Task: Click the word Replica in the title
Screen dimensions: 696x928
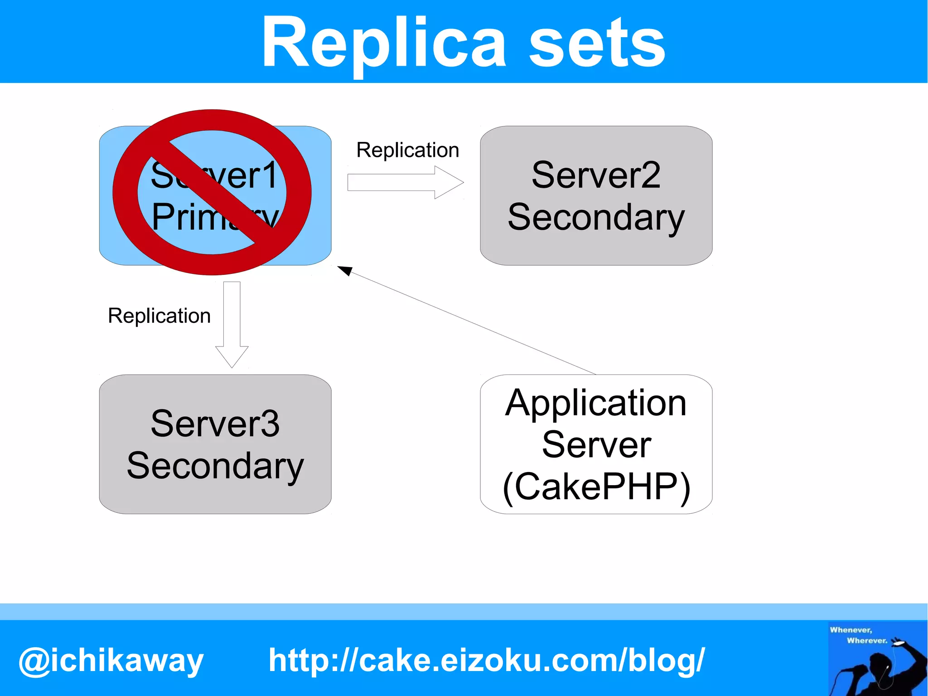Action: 383,43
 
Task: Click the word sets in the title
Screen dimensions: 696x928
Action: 597,43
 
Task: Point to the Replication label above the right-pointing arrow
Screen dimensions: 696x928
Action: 408,150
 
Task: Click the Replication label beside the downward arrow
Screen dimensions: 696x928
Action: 159,316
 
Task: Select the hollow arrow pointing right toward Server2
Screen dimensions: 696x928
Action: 405,182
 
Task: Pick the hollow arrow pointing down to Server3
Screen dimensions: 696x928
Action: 232,324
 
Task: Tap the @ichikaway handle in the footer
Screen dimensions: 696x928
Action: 111,661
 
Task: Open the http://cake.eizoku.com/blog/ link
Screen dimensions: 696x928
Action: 487,660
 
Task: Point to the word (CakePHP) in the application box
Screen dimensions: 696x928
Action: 596,487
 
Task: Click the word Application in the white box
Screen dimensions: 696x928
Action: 596,403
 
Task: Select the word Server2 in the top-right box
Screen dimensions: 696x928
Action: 596,175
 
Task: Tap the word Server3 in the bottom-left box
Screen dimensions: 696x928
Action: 215,423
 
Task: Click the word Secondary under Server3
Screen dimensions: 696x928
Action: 215,466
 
